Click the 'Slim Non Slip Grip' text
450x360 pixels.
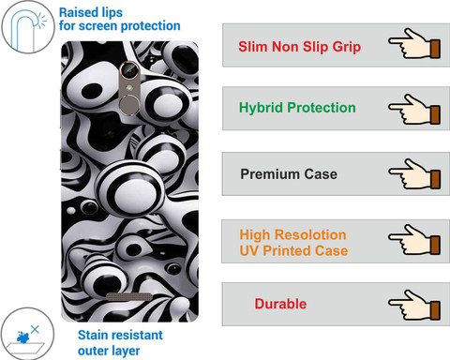tap(299, 47)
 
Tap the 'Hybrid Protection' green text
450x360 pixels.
tap(297, 108)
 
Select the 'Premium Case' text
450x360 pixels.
tap(289, 174)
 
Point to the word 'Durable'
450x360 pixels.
tap(280, 304)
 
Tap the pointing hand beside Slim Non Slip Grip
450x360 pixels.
tap(414, 43)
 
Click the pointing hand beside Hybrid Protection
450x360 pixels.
tap(414, 110)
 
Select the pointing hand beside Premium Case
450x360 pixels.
tap(414, 173)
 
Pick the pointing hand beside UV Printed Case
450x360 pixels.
tap(414, 240)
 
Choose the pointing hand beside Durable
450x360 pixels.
tap(414, 305)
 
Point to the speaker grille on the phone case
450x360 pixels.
tap(129, 296)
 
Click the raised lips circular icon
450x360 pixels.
tap(27, 27)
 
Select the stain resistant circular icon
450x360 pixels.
tap(27, 334)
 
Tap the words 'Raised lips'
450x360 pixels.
tap(91, 13)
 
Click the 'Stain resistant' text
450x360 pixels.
tap(120, 335)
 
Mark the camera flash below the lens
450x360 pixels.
tap(128, 87)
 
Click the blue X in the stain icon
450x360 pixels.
tap(35, 329)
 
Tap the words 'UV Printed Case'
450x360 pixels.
tap(293, 250)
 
